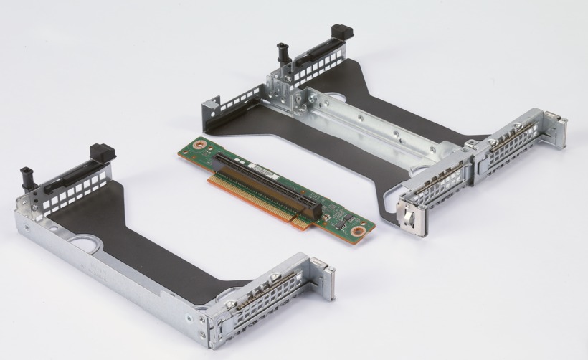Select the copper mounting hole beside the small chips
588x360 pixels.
[355, 231]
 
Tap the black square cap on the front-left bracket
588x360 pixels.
[102, 152]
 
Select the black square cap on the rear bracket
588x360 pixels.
[342, 32]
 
